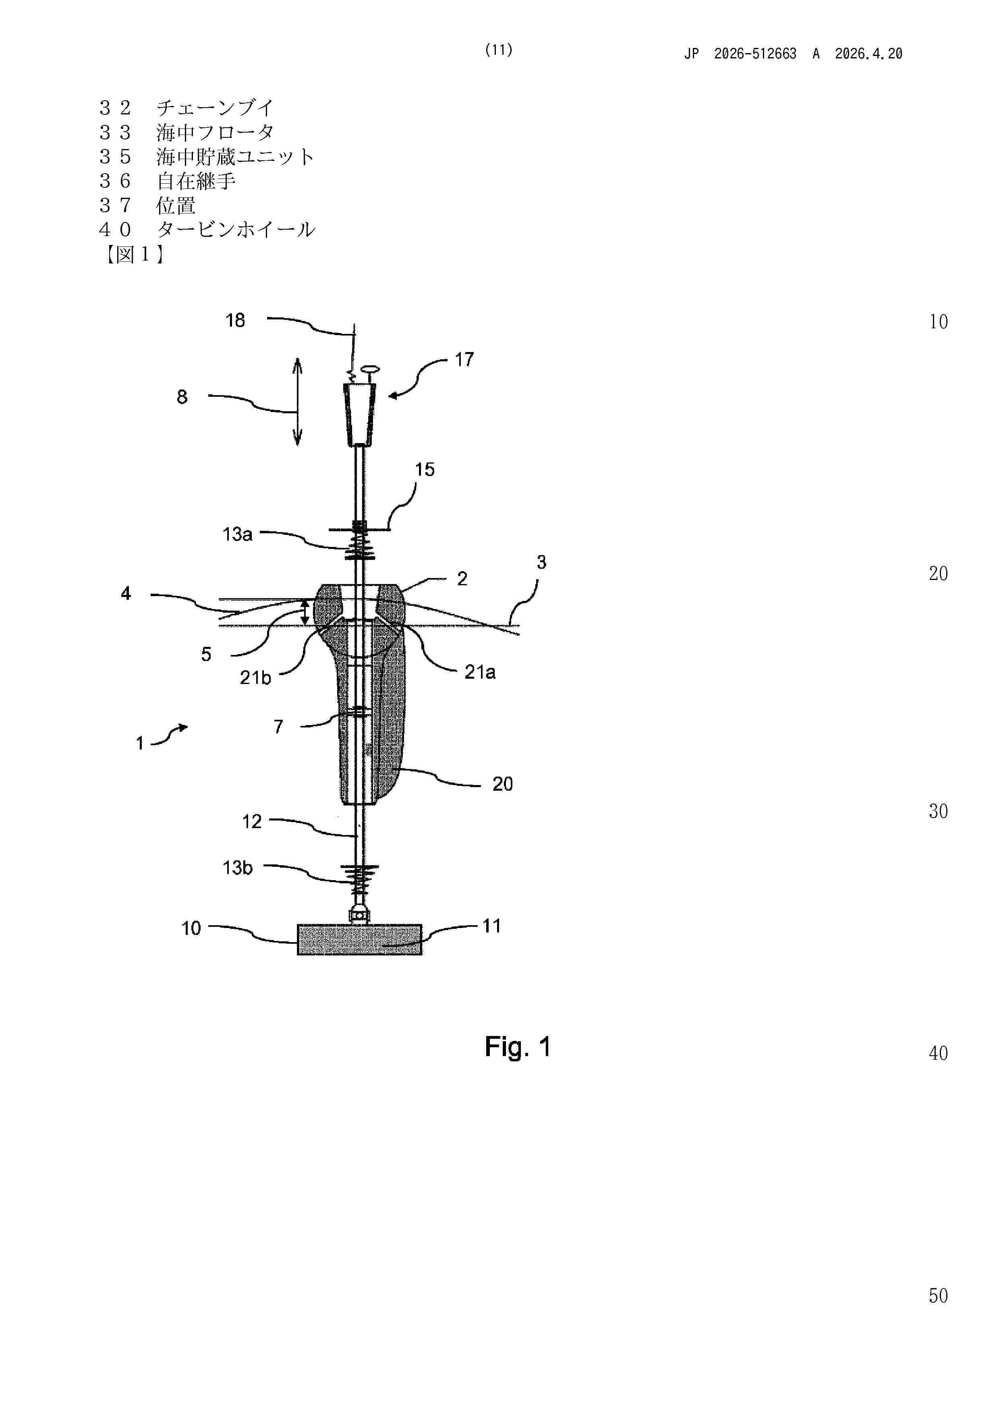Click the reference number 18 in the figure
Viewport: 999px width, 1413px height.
tap(235, 321)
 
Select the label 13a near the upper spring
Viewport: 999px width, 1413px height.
tap(238, 534)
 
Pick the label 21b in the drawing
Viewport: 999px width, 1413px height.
tap(255, 677)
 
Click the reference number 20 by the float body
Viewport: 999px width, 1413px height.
tap(502, 784)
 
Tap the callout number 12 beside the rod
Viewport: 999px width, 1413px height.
tap(252, 822)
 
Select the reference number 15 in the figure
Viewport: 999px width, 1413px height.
tap(425, 470)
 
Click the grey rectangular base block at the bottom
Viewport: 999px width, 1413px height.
tap(359, 940)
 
